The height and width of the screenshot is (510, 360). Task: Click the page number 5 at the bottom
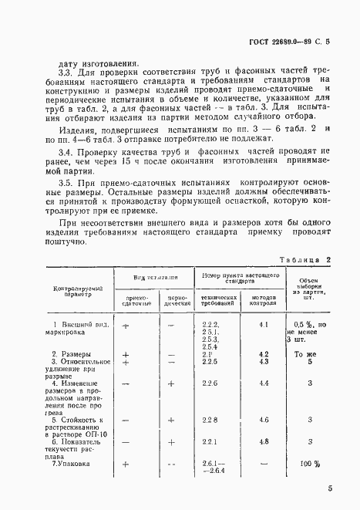pos(329,488)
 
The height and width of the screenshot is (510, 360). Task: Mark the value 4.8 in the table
pos(264,441)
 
